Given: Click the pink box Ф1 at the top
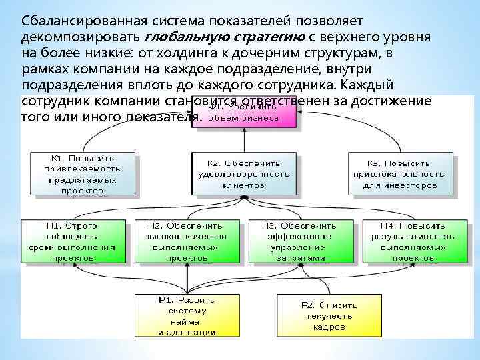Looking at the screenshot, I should point(243,114).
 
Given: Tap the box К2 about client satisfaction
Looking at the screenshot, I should point(243,173).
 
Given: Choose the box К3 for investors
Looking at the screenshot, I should point(400,173).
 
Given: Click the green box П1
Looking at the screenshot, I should point(72,241).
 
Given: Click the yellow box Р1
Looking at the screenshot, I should point(186,315).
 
